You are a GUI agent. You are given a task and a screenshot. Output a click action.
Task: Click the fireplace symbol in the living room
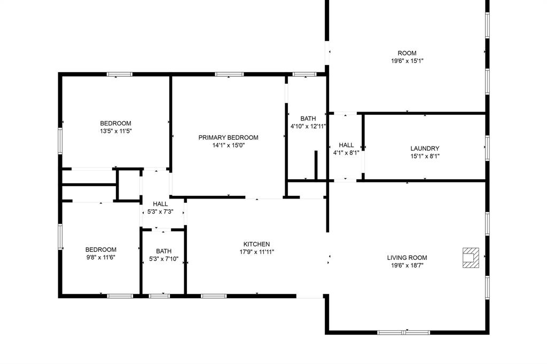[x=470, y=257]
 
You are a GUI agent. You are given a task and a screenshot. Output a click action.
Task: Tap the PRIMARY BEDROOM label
[x=228, y=138]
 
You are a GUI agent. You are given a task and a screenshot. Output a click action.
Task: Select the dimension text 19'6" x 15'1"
[x=407, y=61]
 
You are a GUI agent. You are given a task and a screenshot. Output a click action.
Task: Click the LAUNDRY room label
[x=425, y=149]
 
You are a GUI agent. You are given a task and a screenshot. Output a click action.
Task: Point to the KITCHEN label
[x=257, y=244]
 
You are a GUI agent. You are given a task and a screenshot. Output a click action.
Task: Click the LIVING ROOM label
[x=407, y=258]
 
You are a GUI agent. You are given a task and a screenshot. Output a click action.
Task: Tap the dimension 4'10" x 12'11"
[x=308, y=126]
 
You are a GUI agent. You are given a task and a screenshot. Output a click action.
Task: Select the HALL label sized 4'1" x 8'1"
[x=346, y=145]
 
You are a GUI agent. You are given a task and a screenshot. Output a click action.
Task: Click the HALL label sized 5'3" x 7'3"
[x=160, y=204]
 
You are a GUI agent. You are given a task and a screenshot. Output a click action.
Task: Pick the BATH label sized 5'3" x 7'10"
[x=163, y=251]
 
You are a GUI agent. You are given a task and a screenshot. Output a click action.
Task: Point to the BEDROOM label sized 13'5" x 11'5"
[x=115, y=123]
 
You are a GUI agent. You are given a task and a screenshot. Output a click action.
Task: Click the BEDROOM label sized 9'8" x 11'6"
[x=101, y=250]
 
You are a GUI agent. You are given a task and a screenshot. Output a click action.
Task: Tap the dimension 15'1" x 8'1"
[x=425, y=156]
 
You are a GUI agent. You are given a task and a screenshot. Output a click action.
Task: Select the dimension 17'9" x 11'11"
[x=257, y=252]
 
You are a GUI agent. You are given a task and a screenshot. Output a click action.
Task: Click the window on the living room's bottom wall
[x=403, y=333]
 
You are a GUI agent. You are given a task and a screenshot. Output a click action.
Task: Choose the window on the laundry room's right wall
[x=487, y=148]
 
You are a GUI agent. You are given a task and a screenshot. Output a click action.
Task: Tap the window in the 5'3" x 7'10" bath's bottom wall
[x=159, y=296]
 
